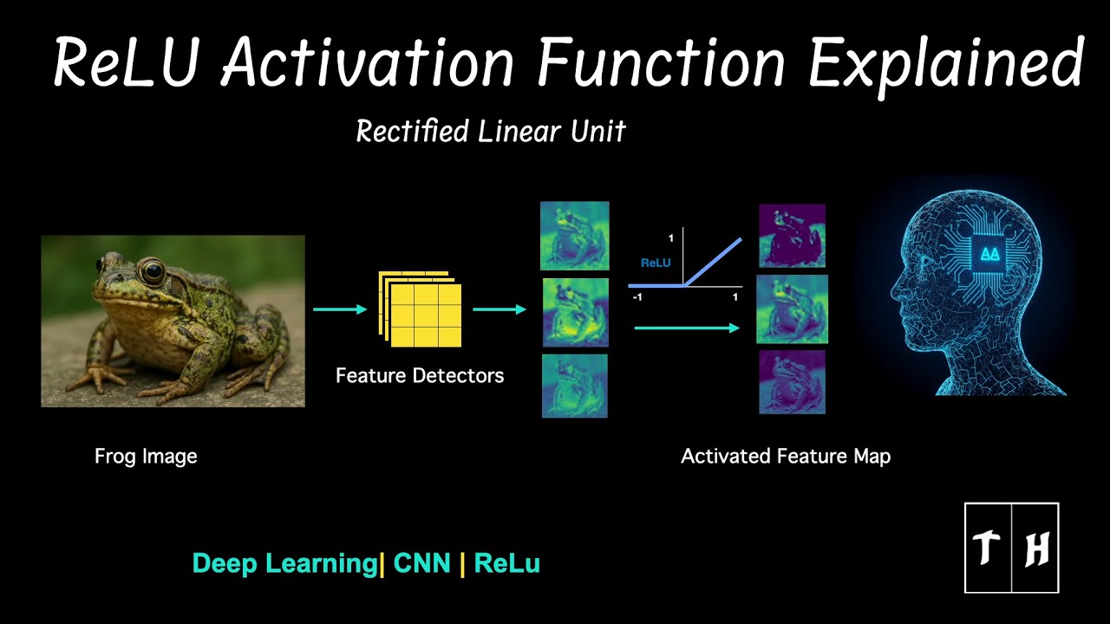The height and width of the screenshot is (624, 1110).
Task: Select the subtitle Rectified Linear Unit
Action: click(x=491, y=132)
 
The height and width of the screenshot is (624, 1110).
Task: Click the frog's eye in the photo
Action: click(x=152, y=271)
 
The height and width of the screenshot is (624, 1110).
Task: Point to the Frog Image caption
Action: click(x=146, y=456)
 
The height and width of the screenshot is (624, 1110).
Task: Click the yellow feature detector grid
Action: click(x=421, y=309)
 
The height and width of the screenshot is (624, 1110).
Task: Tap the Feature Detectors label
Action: click(x=420, y=376)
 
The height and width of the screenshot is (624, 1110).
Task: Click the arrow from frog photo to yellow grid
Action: click(x=340, y=309)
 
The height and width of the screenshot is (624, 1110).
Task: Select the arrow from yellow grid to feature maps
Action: click(x=499, y=309)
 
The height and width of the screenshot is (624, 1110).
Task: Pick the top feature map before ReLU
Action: click(x=574, y=236)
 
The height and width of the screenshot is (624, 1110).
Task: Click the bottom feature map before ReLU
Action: click(x=574, y=386)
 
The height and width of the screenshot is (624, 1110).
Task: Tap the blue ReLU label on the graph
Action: click(x=656, y=262)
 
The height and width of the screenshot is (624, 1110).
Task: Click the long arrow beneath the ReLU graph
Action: click(x=687, y=328)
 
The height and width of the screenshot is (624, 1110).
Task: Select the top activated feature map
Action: click(x=792, y=236)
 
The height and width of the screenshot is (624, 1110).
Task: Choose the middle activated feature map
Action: click(x=792, y=309)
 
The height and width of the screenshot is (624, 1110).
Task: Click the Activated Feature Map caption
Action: click(x=786, y=456)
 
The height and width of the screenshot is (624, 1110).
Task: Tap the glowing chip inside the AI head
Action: click(x=988, y=254)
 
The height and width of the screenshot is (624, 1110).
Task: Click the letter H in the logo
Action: click(x=1036, y=549)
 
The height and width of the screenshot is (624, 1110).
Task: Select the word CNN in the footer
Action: click(x=422, y=563)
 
